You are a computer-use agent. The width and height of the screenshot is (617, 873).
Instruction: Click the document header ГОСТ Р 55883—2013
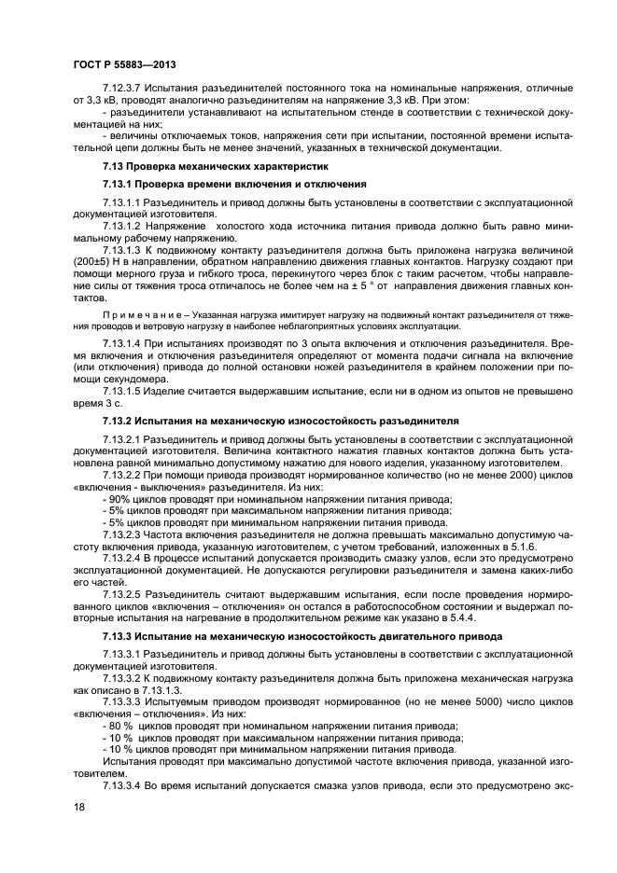(124, 64)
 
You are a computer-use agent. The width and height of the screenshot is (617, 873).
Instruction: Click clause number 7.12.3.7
(122, 87)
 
